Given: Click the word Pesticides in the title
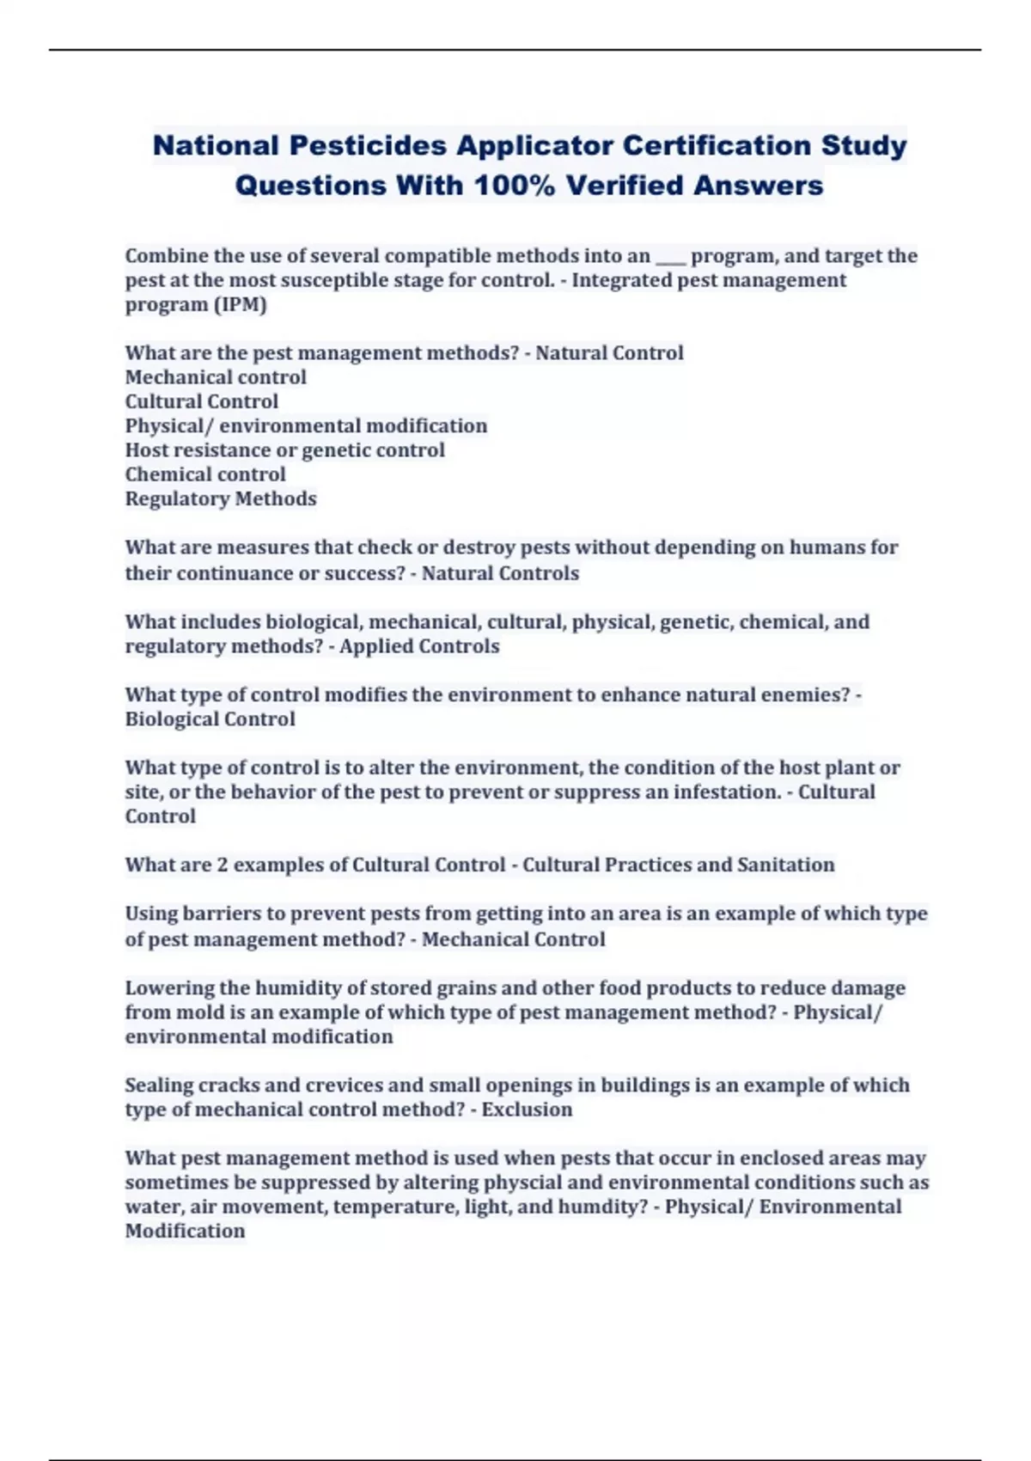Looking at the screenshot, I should coord(368,145).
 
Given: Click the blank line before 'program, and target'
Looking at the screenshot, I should coord(670,257).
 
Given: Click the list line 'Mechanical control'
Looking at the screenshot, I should coord(216,377).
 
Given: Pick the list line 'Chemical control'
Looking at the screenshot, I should coord(205,474).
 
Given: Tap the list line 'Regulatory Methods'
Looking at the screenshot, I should coord(221,499).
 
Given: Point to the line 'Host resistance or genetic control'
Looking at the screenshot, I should coord(284,450).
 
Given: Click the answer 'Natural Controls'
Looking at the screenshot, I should coord(500,573).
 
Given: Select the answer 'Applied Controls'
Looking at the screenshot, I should coord(419,646).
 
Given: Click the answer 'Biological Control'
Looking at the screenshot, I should coord(210,719).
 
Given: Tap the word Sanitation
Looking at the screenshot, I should coord(785,865).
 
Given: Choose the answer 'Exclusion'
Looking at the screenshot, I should coord(527,1110).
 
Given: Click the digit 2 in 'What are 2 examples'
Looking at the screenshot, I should coord(223,865).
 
